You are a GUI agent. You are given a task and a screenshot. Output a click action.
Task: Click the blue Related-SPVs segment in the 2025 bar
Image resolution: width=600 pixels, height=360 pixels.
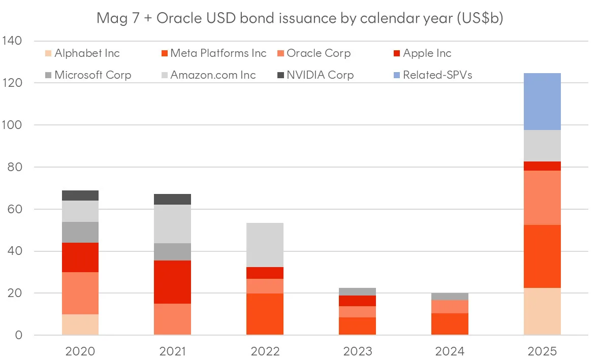(x=542, y=102)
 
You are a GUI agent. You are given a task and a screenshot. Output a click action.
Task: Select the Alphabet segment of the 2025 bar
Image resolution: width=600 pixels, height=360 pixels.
(x=542, y=311)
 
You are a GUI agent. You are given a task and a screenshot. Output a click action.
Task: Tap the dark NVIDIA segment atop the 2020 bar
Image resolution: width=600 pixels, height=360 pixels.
(x=80, y=195)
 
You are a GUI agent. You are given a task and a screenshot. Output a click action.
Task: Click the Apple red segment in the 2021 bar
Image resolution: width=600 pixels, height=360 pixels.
(x=172, y=282)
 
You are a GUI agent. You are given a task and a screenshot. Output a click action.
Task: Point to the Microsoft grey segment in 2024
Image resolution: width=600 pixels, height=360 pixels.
(x=450, y=297)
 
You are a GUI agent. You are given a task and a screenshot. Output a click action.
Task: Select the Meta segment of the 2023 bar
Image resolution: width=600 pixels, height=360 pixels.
(x=357, y=326)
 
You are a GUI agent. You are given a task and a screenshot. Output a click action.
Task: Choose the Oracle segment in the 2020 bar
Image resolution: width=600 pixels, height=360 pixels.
(x=80, y=293)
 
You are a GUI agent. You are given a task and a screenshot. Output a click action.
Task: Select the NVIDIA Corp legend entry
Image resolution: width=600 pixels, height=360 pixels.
(x=320, y=75)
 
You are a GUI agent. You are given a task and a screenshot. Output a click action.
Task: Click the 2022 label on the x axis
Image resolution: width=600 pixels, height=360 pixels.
(x=265, y=351)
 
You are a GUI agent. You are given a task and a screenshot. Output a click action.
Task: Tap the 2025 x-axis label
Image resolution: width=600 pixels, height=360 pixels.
(x=542, y=351)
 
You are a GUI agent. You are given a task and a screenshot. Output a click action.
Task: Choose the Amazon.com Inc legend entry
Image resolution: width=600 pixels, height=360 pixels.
(x=213, y=75)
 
